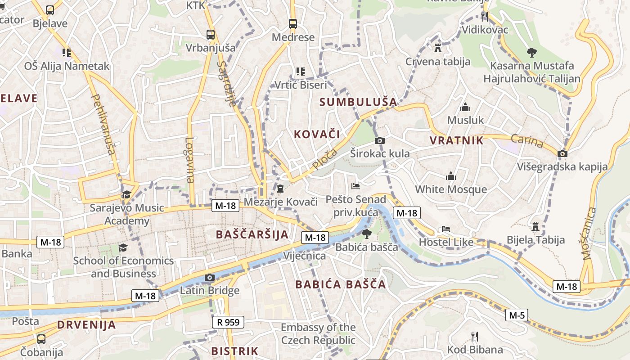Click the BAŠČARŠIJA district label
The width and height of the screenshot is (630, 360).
252,234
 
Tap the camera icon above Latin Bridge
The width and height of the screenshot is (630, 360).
209,277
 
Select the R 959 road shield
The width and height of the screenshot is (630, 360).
228,322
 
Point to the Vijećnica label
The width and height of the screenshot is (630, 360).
304,256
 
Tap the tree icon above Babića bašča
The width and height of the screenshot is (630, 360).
367,234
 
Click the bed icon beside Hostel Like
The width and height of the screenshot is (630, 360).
445,229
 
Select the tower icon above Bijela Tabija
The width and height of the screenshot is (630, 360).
535,226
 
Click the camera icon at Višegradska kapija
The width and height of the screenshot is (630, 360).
562,154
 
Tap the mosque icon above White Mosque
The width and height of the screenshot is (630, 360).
451,176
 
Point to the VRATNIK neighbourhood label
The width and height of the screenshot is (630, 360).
456,140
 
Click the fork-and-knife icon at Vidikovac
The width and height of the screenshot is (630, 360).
485,17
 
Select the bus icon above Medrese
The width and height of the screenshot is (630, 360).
293,24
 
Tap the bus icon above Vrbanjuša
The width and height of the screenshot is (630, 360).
210,34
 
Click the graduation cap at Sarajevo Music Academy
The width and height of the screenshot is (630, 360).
126,195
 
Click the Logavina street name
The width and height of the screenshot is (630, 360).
190,160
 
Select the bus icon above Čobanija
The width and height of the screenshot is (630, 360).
41,339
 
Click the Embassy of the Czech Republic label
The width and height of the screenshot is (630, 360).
318,333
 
